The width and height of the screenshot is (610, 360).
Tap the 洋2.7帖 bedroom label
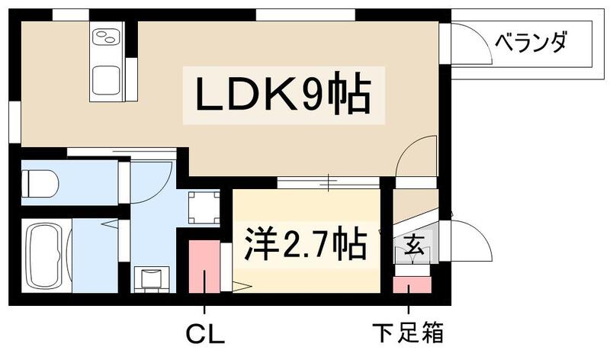point(305,244)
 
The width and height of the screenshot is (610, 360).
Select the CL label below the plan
point(205,333)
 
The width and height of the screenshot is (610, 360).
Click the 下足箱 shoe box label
point(409,333)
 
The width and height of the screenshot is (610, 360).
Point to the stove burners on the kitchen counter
point(107,35)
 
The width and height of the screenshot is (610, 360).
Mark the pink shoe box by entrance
point(412,286)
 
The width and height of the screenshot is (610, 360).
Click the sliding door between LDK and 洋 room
point(328,182)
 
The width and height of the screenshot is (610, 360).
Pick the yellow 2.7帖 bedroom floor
point(305,275)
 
